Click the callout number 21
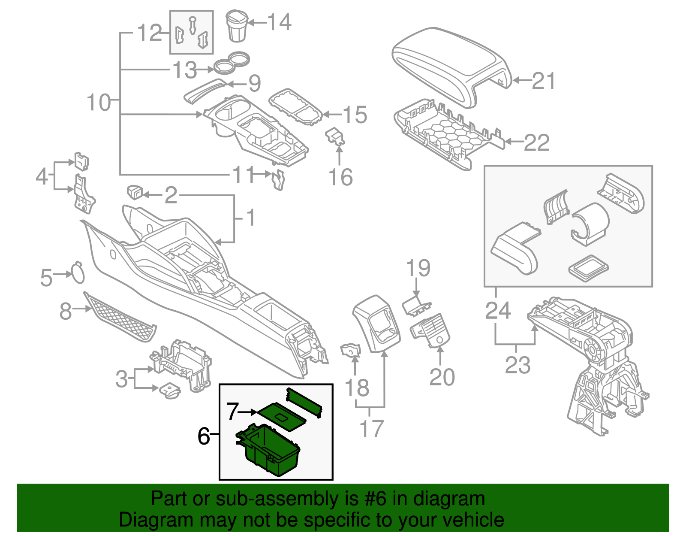(544, 81)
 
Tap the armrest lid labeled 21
(450, 64)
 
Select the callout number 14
(280, 22)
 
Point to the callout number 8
(65, 311)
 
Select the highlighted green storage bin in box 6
(268, 451)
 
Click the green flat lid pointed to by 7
(281, 415)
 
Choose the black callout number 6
(204, 436)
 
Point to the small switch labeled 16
(335, 136)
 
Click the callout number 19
(418, 268)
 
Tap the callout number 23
(518, 365)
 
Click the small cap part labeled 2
(135, 192)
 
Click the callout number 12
(149, 33)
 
